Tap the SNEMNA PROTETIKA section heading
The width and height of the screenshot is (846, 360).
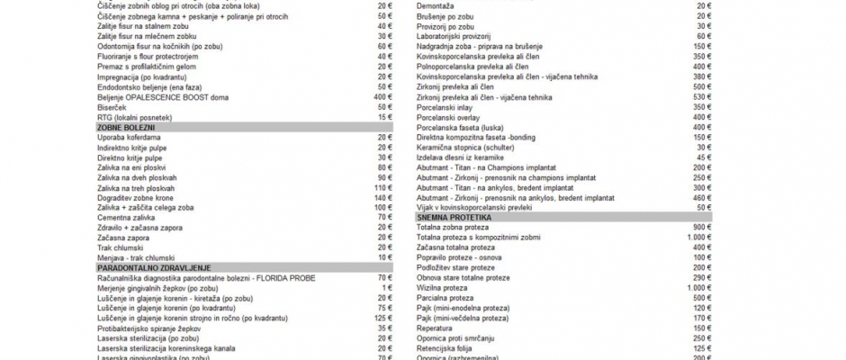(x=454, y=217)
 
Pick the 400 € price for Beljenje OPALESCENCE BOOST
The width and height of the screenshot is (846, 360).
(x=383, y=97)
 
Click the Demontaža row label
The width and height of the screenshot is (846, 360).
(x=436, y=6)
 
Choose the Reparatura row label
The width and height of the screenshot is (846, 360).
(x=436, y=328)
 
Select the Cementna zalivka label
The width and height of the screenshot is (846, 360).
(x=125, y=218)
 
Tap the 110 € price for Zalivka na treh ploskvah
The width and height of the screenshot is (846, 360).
(x=383, y=187)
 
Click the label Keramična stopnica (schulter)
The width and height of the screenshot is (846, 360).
(x=464, y=147)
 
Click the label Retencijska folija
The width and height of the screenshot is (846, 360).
(x=446, y=348)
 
